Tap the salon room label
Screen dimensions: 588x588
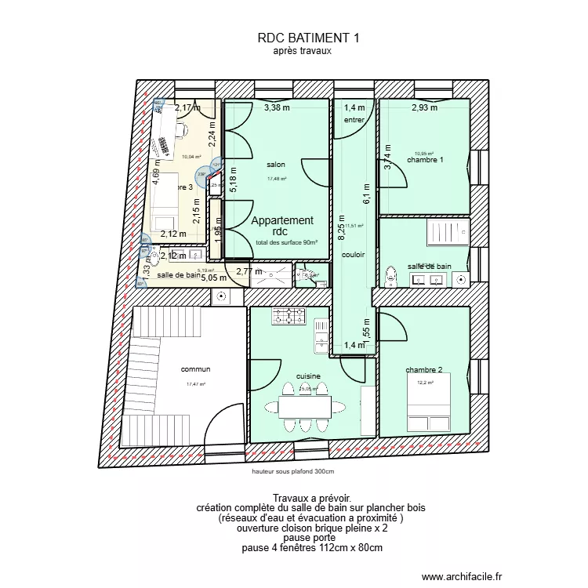point(275,165)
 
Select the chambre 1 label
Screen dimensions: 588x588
point(425,160)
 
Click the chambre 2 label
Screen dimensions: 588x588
point(424,370)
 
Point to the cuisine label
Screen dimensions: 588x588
point(308,376)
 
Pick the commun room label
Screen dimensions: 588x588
point(195,369)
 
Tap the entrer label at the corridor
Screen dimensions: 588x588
point(354,119)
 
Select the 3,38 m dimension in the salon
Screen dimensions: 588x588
point(276,108)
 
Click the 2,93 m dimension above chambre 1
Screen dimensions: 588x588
point(424,108)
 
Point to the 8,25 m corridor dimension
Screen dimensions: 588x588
point(341,231)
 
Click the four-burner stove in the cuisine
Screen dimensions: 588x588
point(289,316)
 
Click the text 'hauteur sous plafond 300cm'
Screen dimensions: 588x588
point(292,471)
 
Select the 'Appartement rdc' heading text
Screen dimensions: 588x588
point(281,227)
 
